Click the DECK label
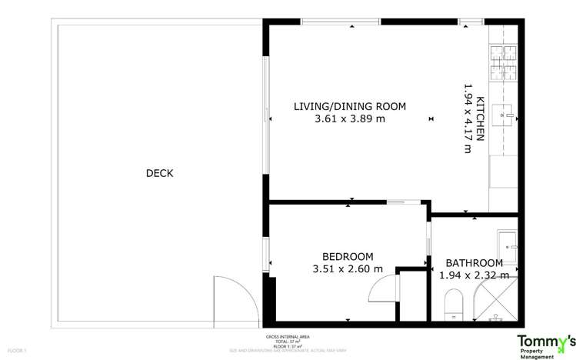(x=159, y=173)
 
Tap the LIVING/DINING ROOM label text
(x=350, y=106)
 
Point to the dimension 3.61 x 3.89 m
(x=350, y=119)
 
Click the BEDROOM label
(x=348, y=256)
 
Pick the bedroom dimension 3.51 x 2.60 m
(x=348, y=268)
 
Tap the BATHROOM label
(x=474, y=262)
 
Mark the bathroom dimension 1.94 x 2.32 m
(x=474, y=275)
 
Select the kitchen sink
(x=507, y=115)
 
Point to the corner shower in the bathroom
(x=498, y=302)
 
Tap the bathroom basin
(x=508, y=245)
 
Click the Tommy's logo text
(x=545, y=341)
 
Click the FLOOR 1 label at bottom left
(x=17, y=351)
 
